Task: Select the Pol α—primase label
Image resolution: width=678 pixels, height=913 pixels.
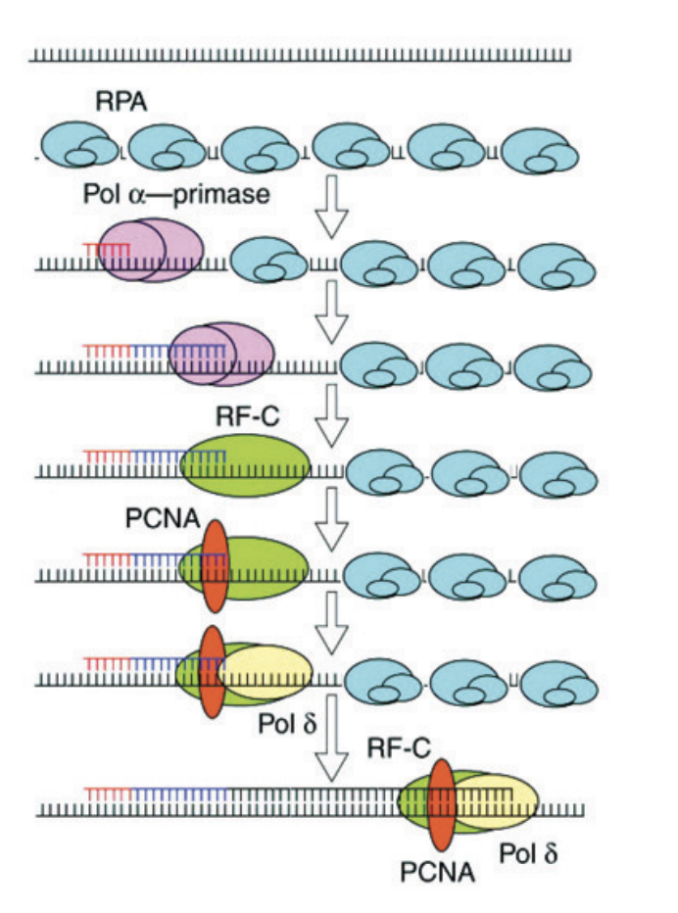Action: coord(176,194)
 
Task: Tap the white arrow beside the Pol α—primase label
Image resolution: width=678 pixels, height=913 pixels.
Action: coord(335,207)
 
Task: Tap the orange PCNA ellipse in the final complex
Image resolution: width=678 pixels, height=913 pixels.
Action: coord(442,804)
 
